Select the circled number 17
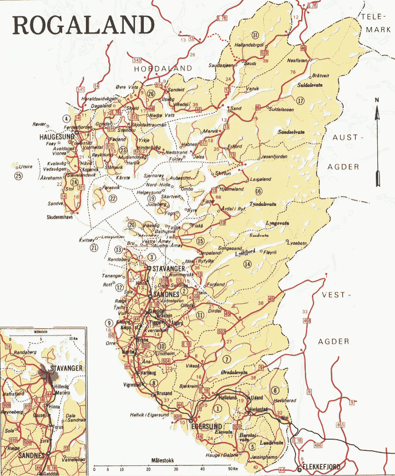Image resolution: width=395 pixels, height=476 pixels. tap(300, 100)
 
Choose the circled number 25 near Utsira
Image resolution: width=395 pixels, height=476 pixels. tap(18, 176)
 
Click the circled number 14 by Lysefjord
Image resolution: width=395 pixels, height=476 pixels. tap(247, 264)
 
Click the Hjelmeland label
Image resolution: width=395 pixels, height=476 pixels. tap(232, 189)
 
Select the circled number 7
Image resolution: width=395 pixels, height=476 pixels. tap(227, 359)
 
